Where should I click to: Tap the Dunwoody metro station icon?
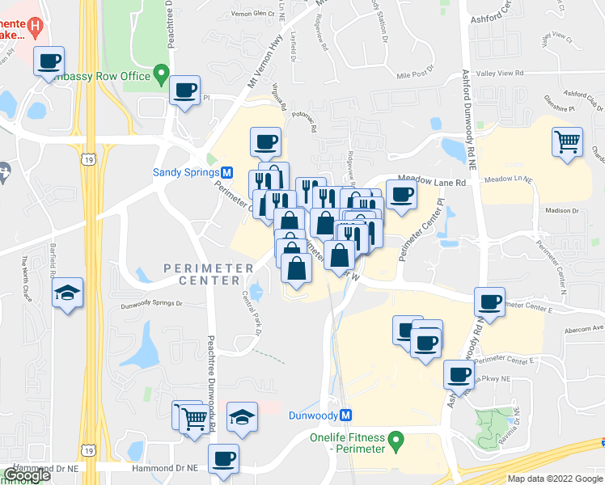[x=346, y=415]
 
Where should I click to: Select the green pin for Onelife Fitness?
[x=396, y=441]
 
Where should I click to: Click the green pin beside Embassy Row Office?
[x=162, y=77]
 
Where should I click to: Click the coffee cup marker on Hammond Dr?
[x=223, y=459]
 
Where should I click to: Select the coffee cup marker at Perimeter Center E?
[x=489, y=302]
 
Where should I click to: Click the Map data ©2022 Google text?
[x=556, y=479]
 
